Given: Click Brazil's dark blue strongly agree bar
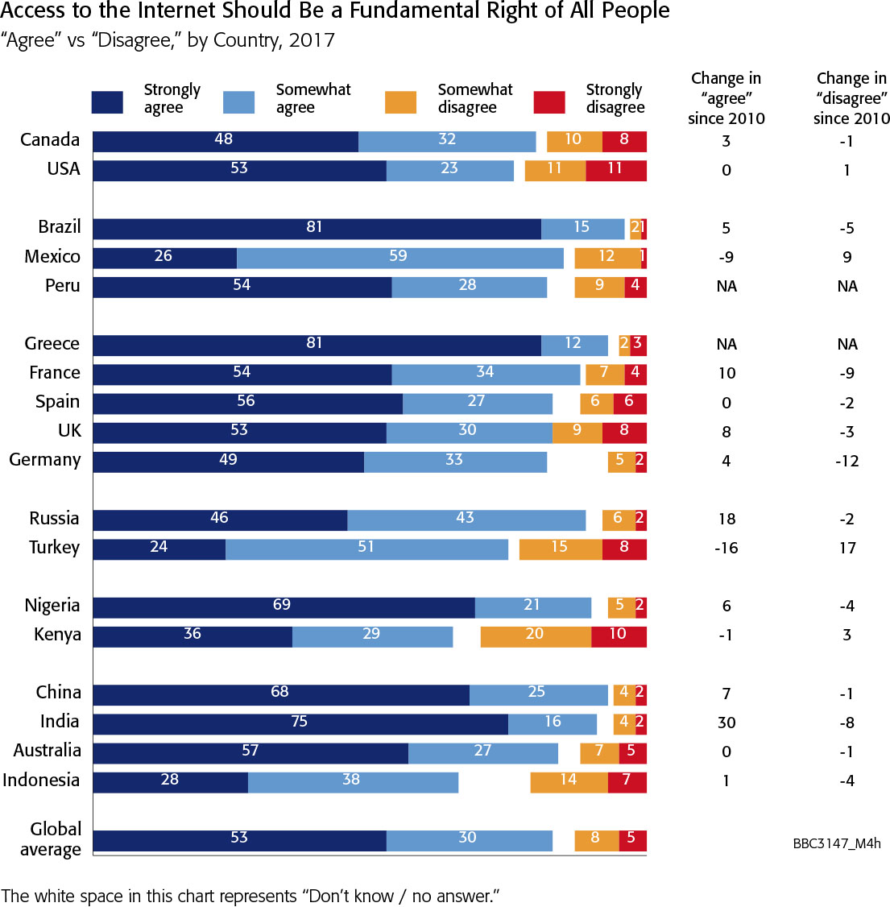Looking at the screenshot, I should [317, 229].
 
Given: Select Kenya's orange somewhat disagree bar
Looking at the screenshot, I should [536, 636].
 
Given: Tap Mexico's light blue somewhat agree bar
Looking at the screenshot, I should [399, 258].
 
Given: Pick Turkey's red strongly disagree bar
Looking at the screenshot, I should [624, 549].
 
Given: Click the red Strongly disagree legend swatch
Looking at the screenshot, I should [549, 102].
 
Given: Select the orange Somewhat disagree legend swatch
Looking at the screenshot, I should [401, 102].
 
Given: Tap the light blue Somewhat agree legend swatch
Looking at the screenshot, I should [238, 102].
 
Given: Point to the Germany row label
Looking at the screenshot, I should [45, 460].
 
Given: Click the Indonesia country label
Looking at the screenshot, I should [41, 780].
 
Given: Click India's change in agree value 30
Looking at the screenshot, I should [726, 723].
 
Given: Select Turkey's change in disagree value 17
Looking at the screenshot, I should [847, 548].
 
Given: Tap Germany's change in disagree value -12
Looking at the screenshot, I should [847, 461].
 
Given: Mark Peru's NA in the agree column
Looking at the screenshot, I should [726, 286].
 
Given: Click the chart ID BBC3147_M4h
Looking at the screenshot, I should [837, 844].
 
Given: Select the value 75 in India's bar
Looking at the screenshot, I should [300, 722].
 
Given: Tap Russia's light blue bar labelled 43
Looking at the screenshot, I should [466, 520].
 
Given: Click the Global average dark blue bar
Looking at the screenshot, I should [239, 841].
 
